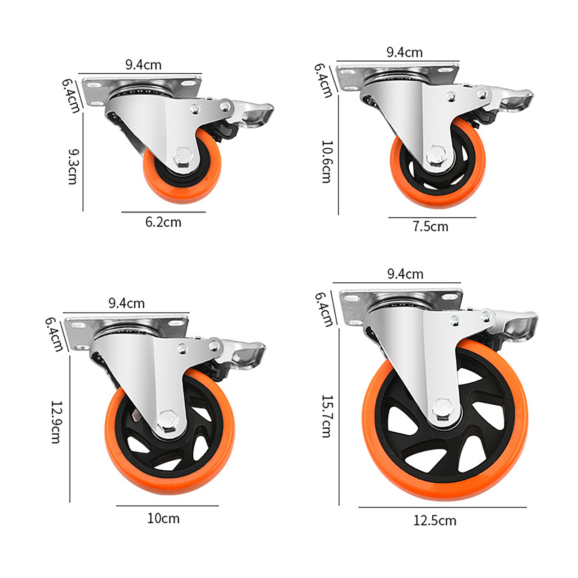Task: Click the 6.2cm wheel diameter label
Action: pyautogui.click(x=163, y=222)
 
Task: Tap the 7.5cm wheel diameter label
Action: pyautogui.click(x=431, y=227)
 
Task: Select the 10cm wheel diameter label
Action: pyautogui.click(x=163, y=518)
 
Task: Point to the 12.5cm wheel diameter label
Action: pyautogui.click(x=435, y=521)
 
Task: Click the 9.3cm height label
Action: pyautogui.click(x=73, y=167)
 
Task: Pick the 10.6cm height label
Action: pyautogui.click(x=326, y=162)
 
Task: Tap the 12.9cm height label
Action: pyautogui.click(x=56, y=422)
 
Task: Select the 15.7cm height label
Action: pyautogui.click(x=326, y=416)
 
